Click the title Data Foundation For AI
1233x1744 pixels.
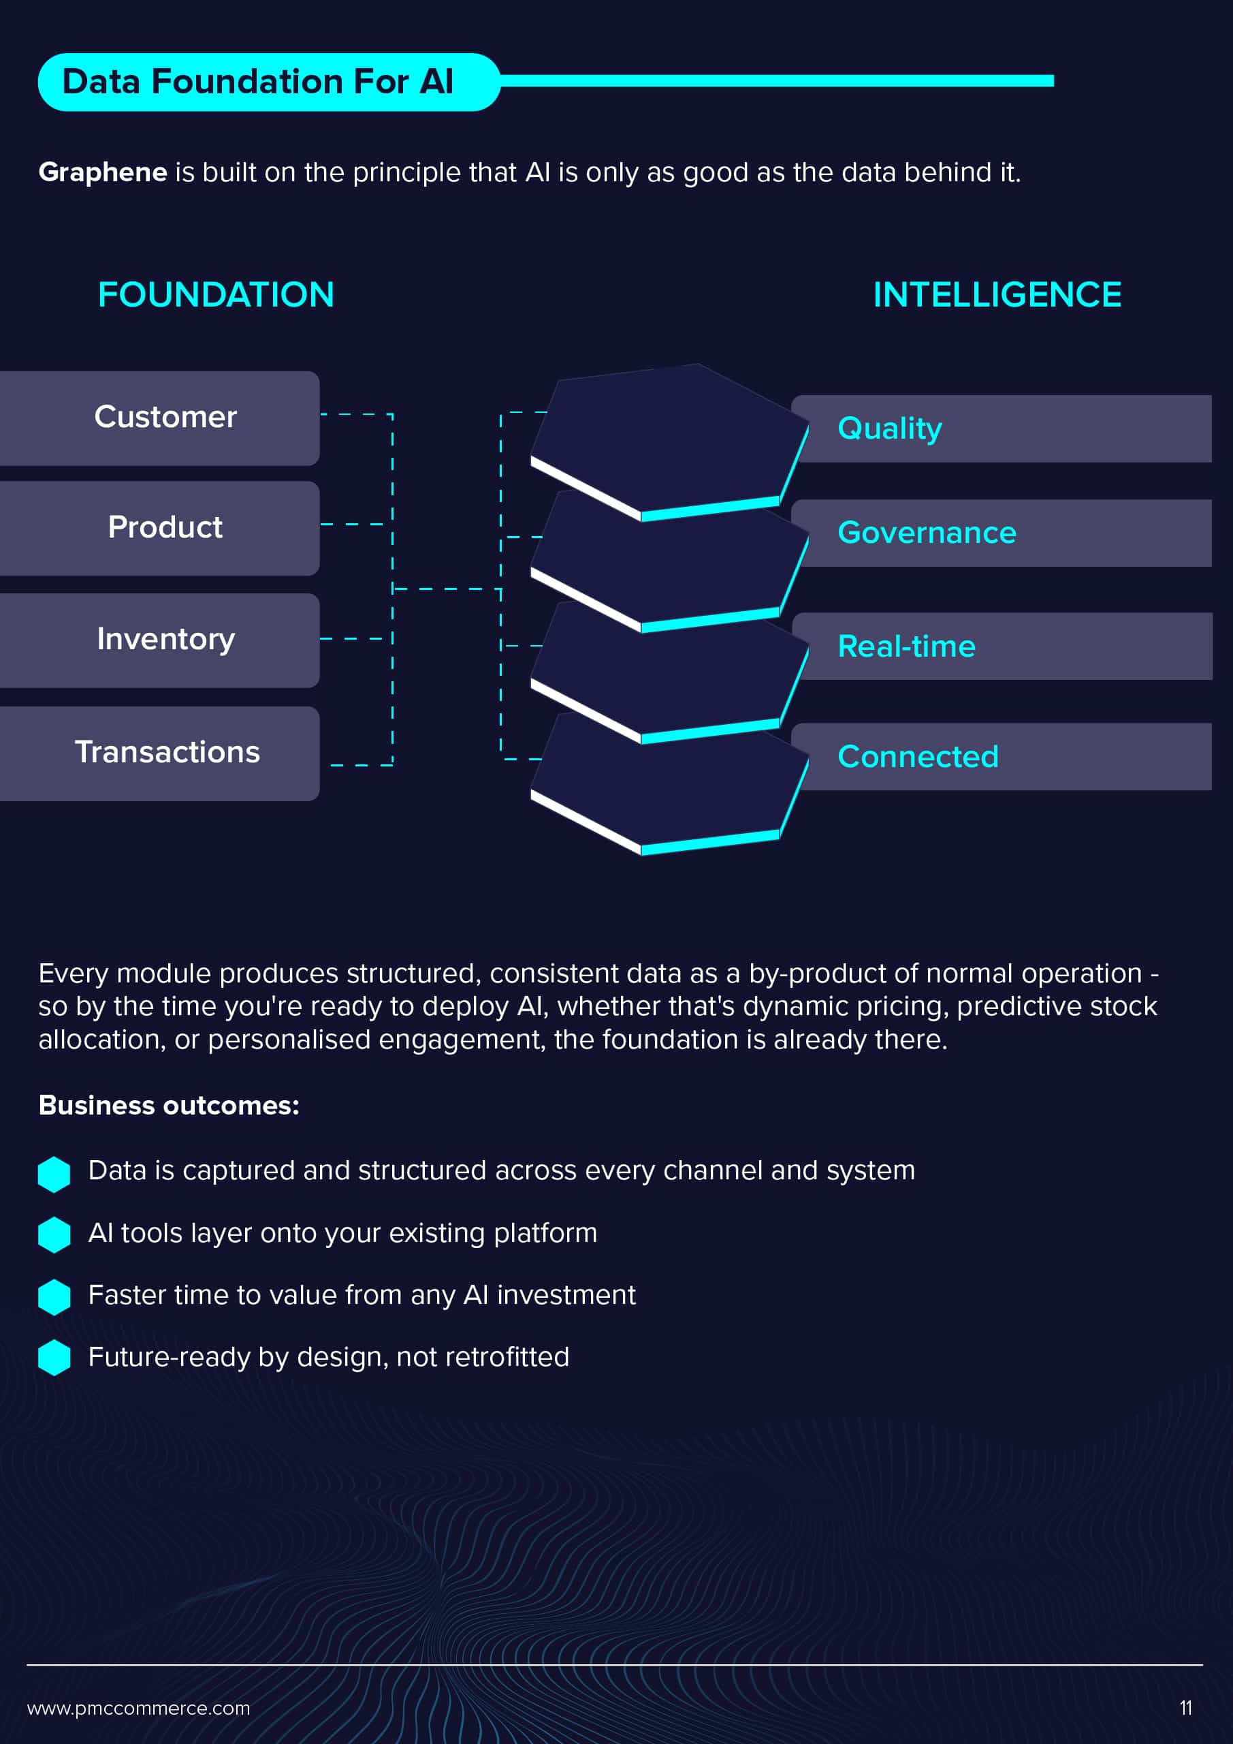tap(257, 81)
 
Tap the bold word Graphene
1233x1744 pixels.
tap(103, 172)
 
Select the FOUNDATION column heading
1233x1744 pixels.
tap(217, 295)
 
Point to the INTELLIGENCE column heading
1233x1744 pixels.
tap(997, 295)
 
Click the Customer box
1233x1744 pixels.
tap(159, 418)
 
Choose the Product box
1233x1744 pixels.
tap(159, 528)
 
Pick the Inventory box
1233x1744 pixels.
tap(159, 640)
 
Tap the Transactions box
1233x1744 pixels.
tap(159, 753)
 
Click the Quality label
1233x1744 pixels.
tap(890, 429)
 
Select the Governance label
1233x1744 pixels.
tap(926, 533)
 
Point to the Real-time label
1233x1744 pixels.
tap(906, 647)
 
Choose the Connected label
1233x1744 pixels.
tap(918, 757)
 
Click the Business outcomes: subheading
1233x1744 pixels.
tap(170, 1105)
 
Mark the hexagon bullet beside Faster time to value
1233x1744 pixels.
tap(54, 1296)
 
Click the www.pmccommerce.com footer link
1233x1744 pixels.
tap(138, 1709)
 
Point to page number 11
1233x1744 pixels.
tap(1186, 1709)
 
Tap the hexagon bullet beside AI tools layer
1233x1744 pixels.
tap(54, 1234)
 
